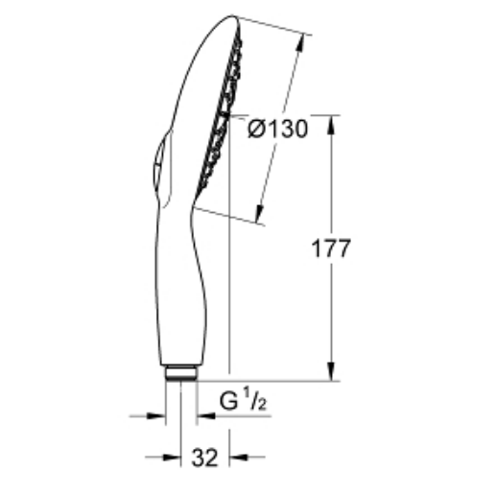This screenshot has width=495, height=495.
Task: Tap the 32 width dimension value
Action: coord(203,459)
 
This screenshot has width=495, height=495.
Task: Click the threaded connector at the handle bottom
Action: coord(180,372)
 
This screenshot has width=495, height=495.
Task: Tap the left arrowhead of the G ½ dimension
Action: coord(158,416)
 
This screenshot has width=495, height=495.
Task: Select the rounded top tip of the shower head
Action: coord(230,19)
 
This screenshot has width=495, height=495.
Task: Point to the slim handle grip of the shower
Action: coord(182,288)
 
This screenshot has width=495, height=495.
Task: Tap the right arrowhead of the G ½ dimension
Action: coord(204,416)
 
